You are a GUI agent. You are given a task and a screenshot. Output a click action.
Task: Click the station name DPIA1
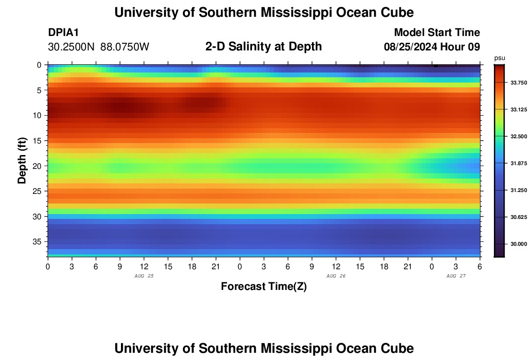point(63,33)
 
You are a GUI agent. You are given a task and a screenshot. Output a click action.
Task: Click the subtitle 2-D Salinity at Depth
point(264,47)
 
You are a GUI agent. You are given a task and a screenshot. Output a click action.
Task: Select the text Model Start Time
point(437,33)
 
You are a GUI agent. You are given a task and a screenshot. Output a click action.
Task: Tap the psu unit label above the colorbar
point(499,58)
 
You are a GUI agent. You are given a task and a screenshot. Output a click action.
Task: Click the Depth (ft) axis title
point(22,160)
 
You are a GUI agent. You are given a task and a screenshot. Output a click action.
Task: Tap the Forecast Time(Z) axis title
point(264,287)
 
